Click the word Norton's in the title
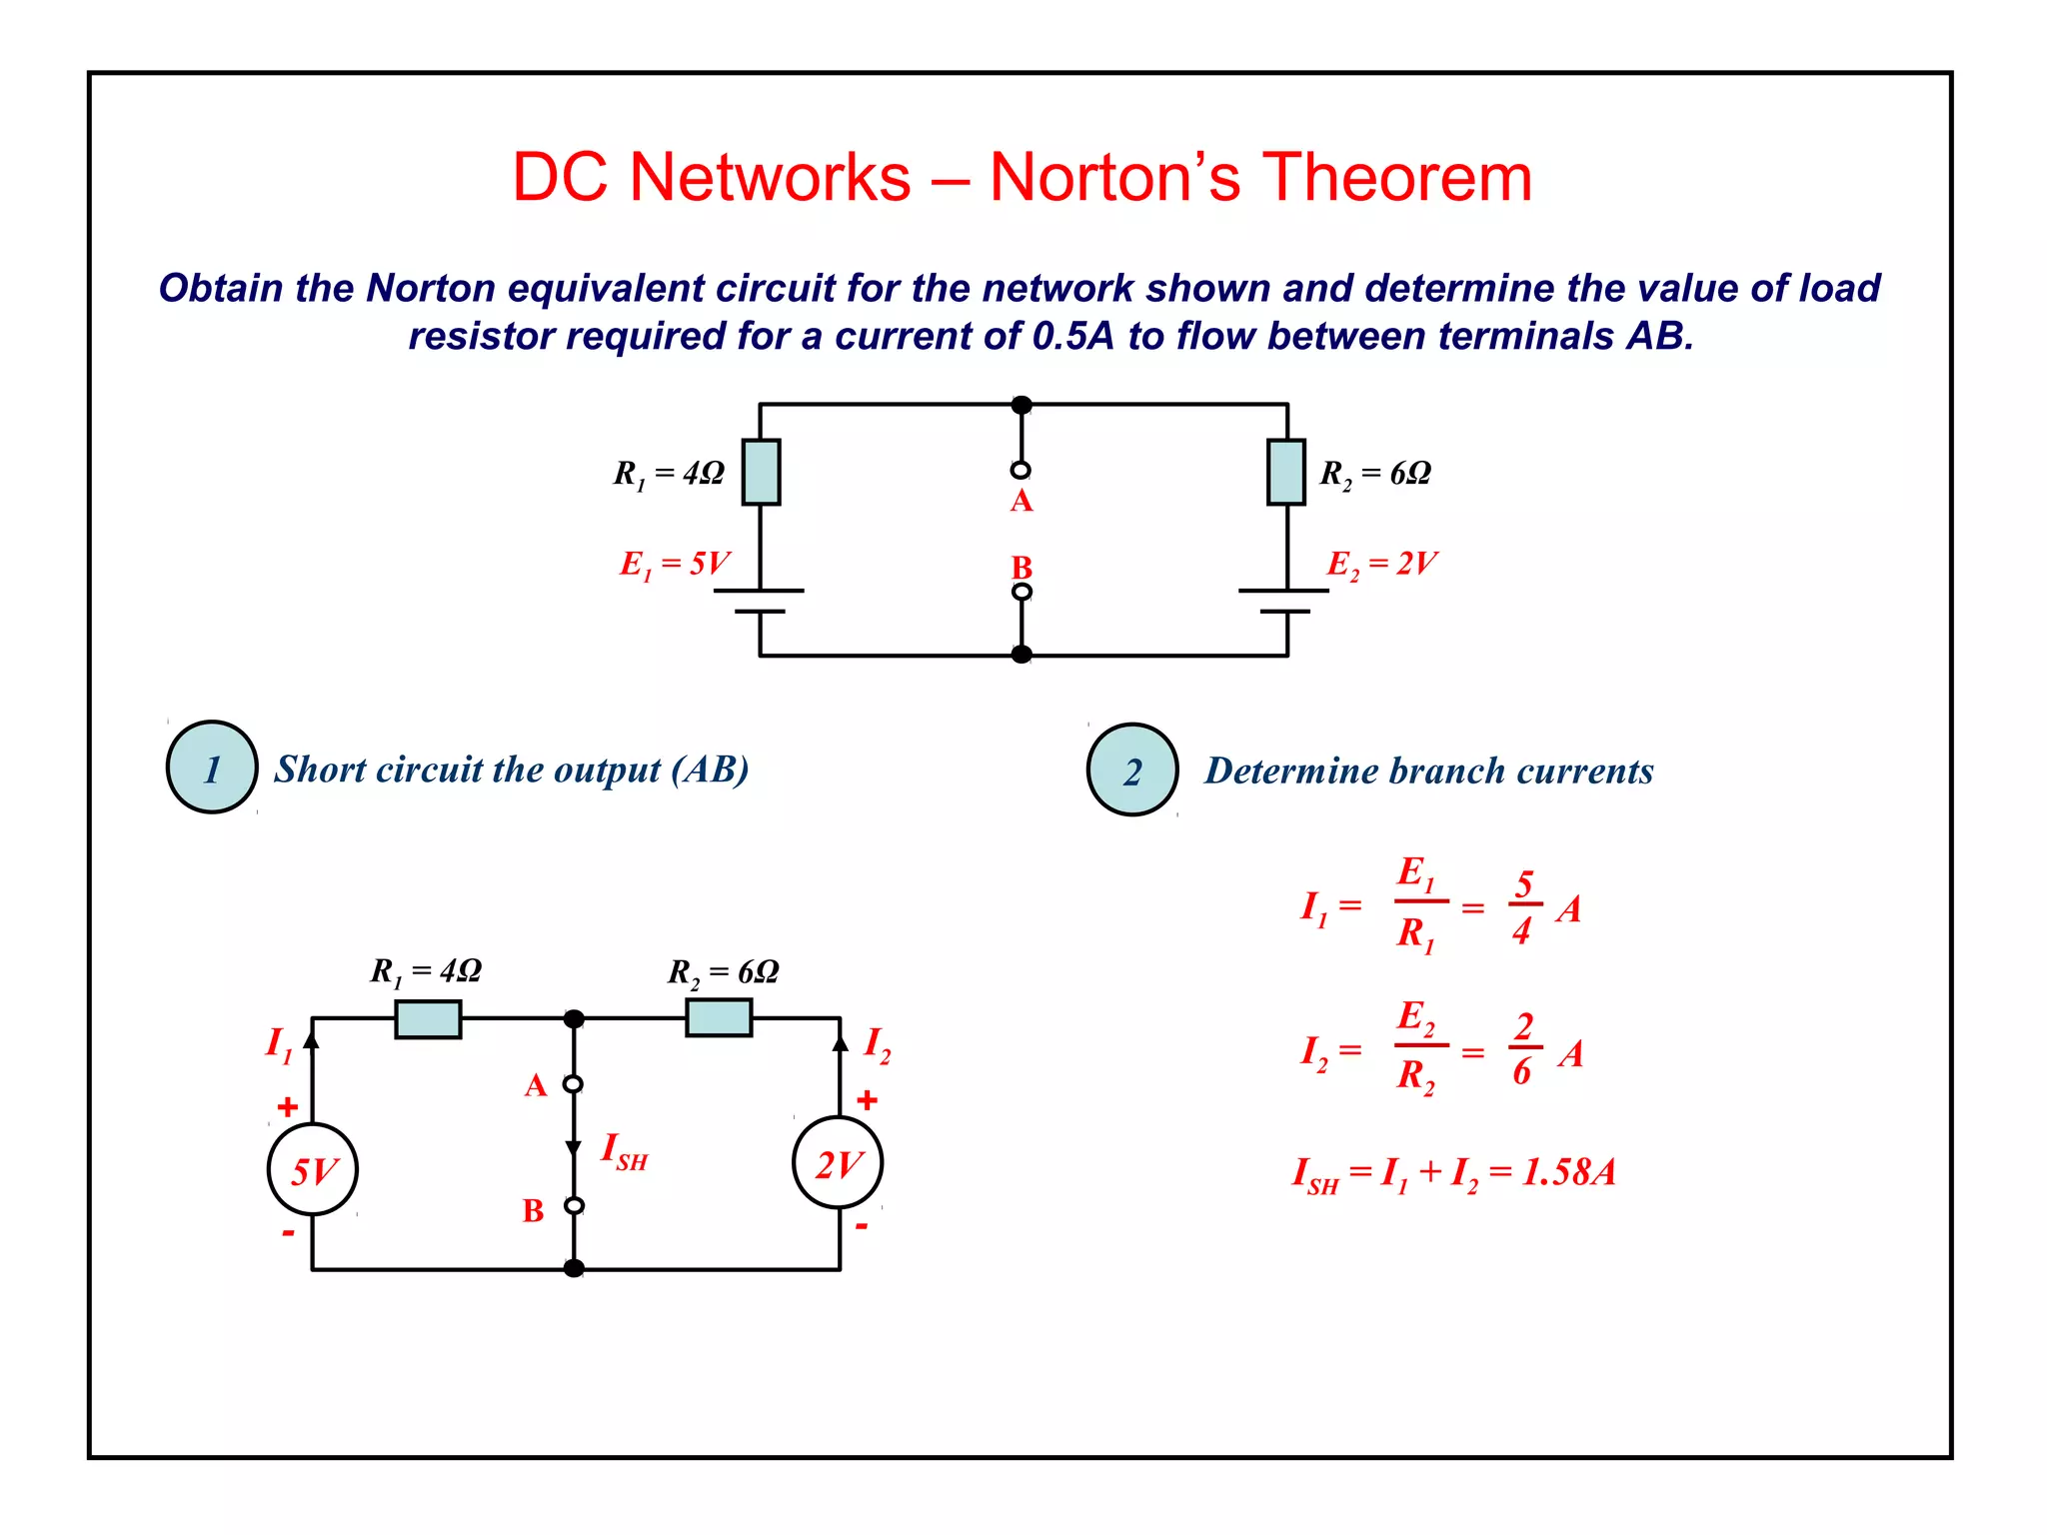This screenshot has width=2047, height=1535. [1114, 178]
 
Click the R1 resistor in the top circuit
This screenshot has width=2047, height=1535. [761, 472]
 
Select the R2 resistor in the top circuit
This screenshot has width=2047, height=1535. [1286, 472]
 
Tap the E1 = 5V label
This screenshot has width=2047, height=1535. [675, 564]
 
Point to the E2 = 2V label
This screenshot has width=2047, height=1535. [1381, 564]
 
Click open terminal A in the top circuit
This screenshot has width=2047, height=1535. [1021, 470]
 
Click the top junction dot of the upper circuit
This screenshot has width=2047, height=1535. [1021, 405]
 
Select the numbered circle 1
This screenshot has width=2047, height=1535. [212, 767]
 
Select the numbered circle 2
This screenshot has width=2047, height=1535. [1132, 769]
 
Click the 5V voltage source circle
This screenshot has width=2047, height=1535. [313, 1169]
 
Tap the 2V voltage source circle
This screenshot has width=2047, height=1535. [838, 1163]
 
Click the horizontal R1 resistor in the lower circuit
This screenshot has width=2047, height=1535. [428, 1019]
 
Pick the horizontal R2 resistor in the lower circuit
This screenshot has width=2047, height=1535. [719, 1018]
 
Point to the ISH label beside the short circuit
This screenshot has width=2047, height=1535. [624, 1151]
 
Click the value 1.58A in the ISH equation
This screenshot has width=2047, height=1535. [1568, 1172]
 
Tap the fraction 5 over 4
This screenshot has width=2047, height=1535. [1523, 906]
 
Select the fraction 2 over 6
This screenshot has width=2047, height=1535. [1523, 1048]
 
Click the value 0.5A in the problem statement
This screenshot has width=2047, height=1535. [1072, 336]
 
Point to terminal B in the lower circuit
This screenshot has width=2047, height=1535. [574, 1206]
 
